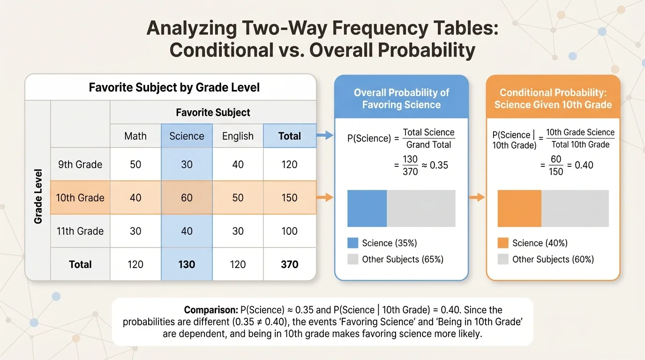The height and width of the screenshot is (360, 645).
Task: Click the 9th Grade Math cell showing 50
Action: [135, 165]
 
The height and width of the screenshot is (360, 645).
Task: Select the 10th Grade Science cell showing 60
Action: [187, 198]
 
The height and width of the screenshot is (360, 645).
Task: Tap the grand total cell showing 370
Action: [289, 264]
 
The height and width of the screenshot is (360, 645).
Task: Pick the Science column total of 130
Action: [187, 264]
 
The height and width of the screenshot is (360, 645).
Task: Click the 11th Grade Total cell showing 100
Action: [289, 231]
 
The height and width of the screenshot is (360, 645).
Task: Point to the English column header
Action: [238, 136]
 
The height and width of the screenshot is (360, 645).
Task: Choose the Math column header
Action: [135, 136]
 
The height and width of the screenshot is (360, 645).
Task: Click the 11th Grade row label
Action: [80, 231]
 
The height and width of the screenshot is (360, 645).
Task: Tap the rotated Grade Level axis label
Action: [38, 196]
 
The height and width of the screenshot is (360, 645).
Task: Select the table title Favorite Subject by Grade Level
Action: [174, 88]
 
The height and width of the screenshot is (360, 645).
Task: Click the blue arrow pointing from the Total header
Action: [325, 136]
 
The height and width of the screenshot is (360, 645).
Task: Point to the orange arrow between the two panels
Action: [477, 198]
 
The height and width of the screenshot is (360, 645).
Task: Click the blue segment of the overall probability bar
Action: [367, 208]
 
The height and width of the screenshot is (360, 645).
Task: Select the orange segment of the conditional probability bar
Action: [519, 208]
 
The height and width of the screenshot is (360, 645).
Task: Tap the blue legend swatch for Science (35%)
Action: [353, 243]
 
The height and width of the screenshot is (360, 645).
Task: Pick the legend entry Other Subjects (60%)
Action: [553, 259]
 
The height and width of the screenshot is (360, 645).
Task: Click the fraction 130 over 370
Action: [410, 165]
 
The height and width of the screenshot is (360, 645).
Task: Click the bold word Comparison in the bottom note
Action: [210, 310]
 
